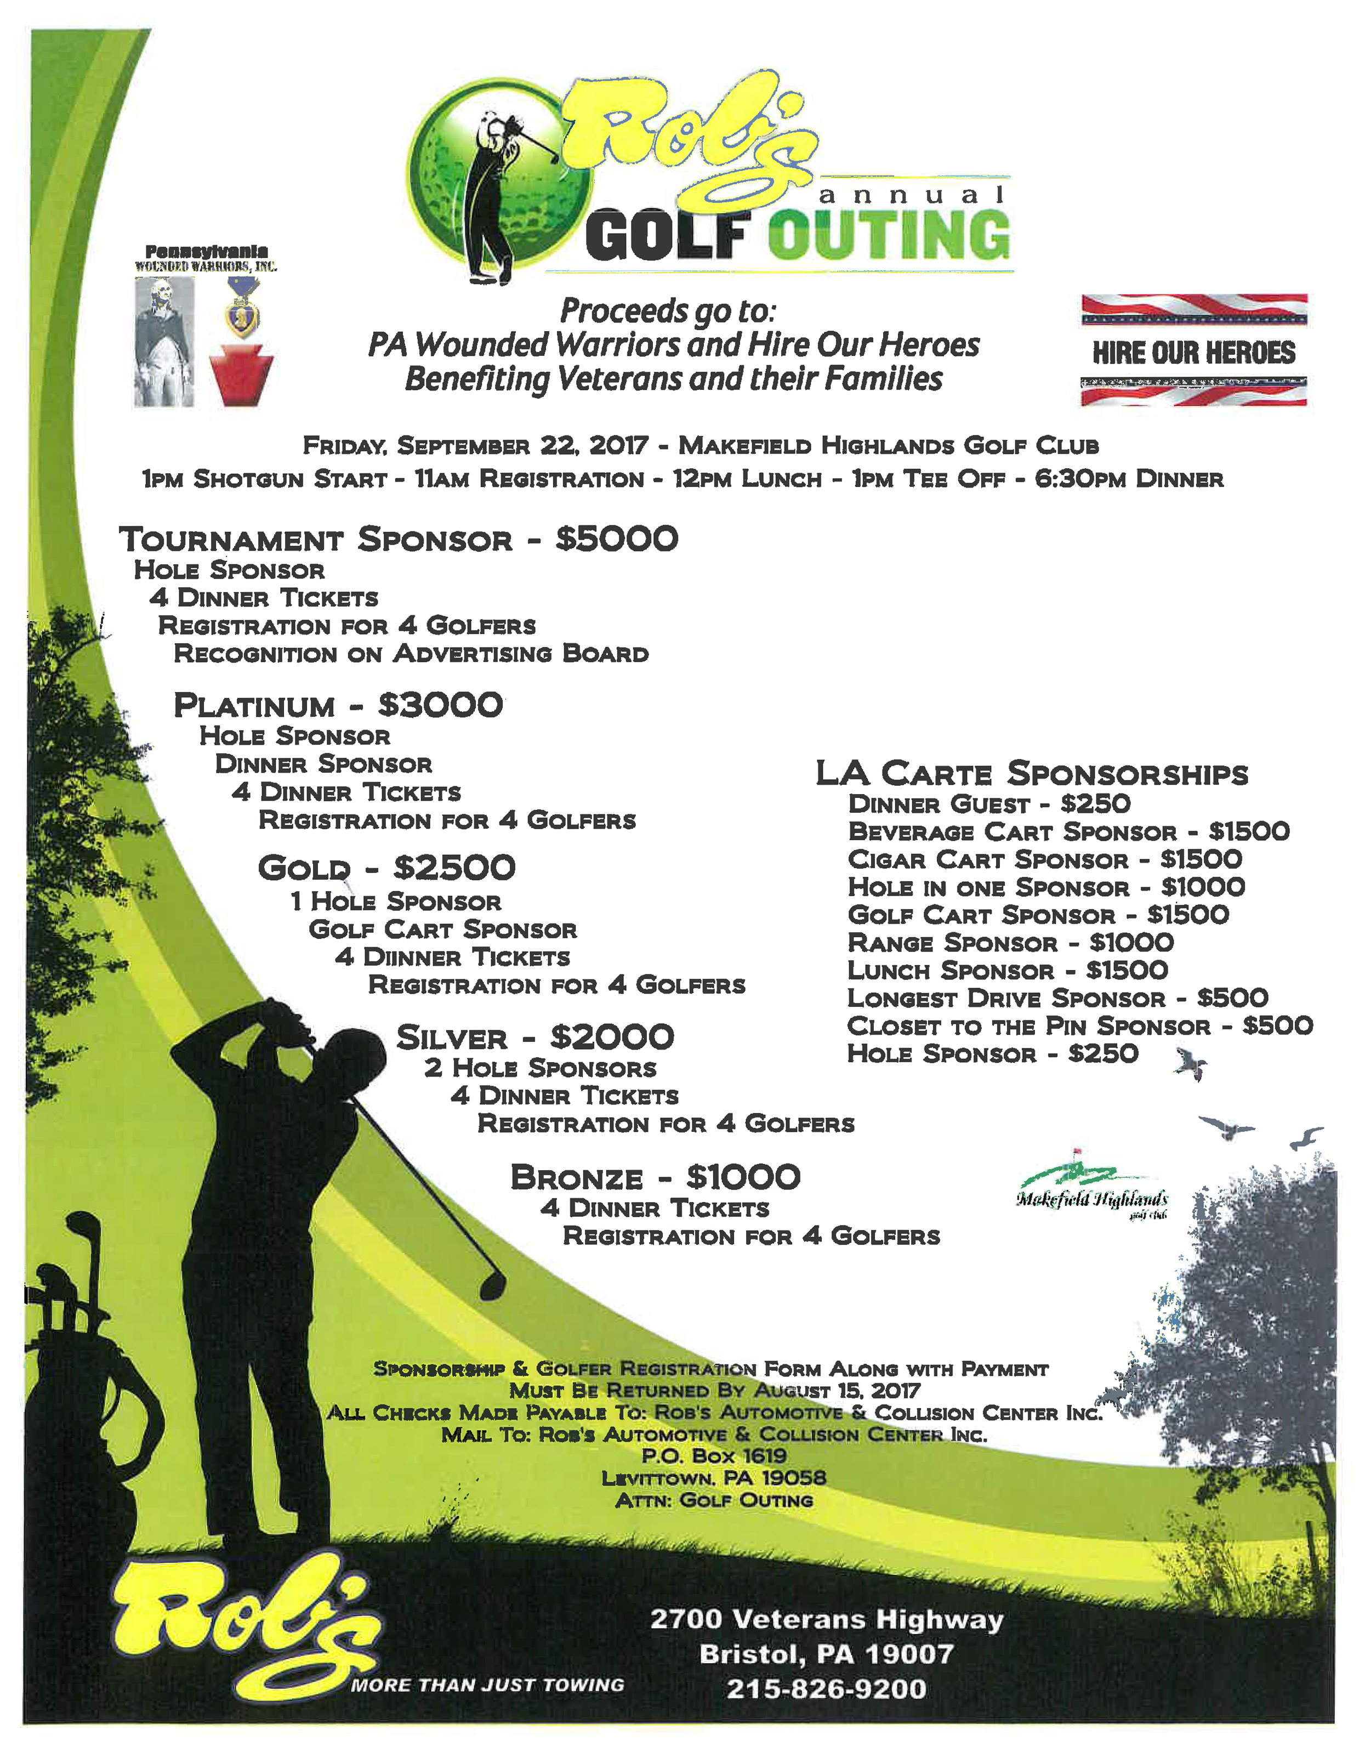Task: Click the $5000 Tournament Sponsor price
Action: click(616, 539)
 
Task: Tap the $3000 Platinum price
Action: click(440, 706)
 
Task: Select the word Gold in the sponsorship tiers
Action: click(304, 868)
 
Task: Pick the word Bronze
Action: click(576, 1178)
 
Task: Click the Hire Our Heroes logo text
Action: click(1193, 353)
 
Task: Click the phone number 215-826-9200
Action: click(826, 1688)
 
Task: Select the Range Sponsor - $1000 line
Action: click(1010, 943)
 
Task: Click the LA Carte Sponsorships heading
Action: click(1031, 773)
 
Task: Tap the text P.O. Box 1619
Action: click(713, 1455)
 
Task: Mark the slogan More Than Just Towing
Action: click(487, 1685)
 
